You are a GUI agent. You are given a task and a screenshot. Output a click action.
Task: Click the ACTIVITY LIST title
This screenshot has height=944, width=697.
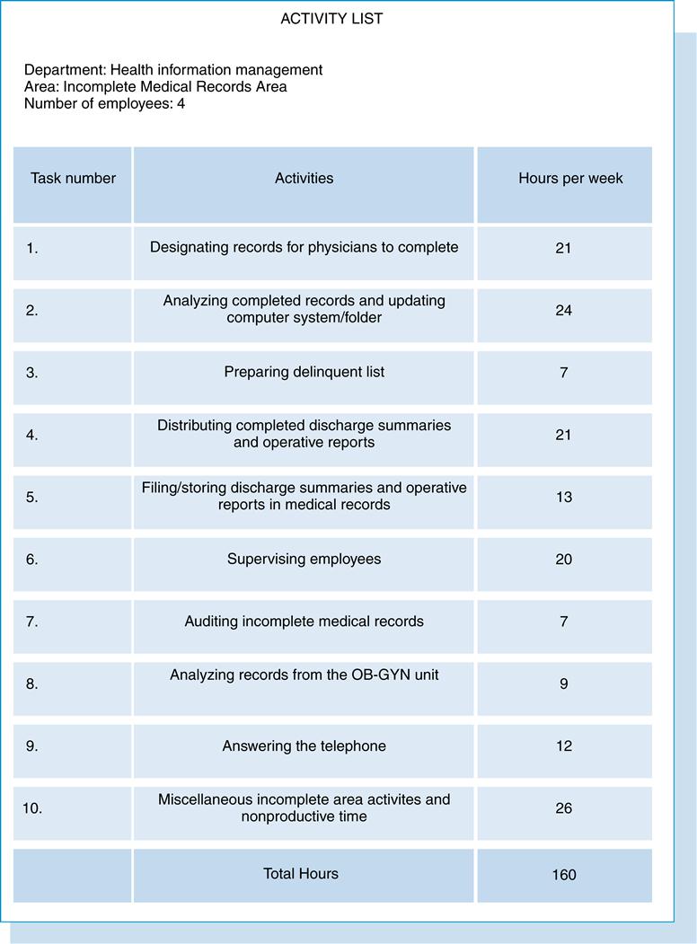[x=331, y=19]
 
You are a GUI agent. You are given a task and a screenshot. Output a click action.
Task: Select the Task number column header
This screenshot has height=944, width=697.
[x=73, y=178]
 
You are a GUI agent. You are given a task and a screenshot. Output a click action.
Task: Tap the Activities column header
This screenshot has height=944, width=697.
[x=304, y=178]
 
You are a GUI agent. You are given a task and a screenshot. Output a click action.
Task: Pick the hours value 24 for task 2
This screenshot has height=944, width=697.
[x=563, y=310]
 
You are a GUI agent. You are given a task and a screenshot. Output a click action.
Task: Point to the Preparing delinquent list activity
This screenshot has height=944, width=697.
[x=304, y=372]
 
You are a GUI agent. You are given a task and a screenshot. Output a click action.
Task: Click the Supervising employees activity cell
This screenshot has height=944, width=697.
[x=304, y=559]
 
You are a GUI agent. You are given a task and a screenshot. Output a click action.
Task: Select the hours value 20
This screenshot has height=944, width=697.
[x=563, y=559]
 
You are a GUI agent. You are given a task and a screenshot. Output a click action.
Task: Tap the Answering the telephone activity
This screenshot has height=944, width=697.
[x=304, y=745]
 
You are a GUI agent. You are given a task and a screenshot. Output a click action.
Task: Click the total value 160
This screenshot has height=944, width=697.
[x=563, y=874]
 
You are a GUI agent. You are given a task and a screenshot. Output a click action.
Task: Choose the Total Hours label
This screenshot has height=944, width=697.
[x=300, y=873]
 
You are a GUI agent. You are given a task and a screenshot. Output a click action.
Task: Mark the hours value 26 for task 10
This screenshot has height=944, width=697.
[x=563, y=807]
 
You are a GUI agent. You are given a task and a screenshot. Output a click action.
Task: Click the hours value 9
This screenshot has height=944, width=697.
[x=563, y=684]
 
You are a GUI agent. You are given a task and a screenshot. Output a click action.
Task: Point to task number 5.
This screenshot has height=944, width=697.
[x=32, y=497]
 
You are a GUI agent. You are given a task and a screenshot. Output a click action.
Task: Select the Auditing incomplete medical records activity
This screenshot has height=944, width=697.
[x=304, y=621]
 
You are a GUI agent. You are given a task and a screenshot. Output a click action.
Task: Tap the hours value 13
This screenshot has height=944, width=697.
[x=563, y=497]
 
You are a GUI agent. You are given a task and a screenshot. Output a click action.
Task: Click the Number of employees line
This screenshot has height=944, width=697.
[x=104, y=103]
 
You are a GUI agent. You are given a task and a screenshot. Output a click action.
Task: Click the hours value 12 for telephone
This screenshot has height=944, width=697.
[x=563, y=745]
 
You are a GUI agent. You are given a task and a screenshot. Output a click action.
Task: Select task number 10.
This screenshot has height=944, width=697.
[x=32, y=807]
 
